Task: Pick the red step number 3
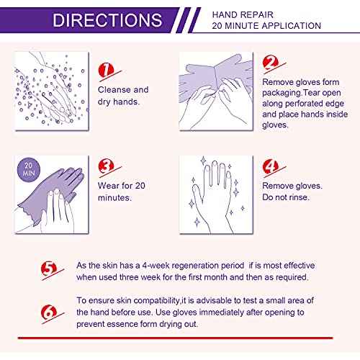tap(106, 168)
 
